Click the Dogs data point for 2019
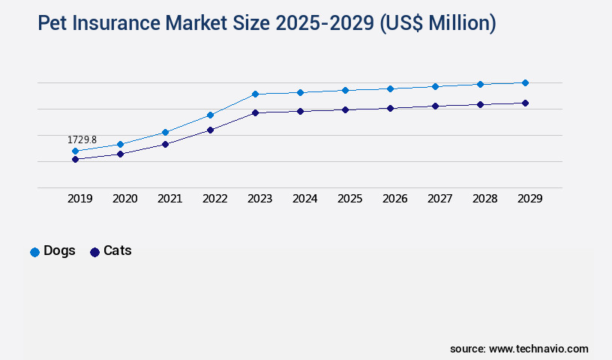[x=75, y=151]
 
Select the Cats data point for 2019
[x=75, y=159]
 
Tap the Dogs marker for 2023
[x=255, y=94]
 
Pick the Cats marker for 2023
[x=255, y=112]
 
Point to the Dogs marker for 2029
[x=525, y=82]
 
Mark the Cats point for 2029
[x=525, y=103]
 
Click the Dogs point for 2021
[x=165, y=132]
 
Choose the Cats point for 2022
[x=210, y=130]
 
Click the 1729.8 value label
[x=82, y=140]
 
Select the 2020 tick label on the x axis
[x=124, y=199]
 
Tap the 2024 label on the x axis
[x=304, y=199]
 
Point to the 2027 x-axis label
[x=439, y=199]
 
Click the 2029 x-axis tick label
[x=529, y=199]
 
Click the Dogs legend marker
[x=34, y=252]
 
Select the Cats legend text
[x=117, y=251]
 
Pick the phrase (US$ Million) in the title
[x=438, y=23]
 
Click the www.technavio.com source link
[x=538, y=349]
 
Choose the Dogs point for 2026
[x=390, y=88]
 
